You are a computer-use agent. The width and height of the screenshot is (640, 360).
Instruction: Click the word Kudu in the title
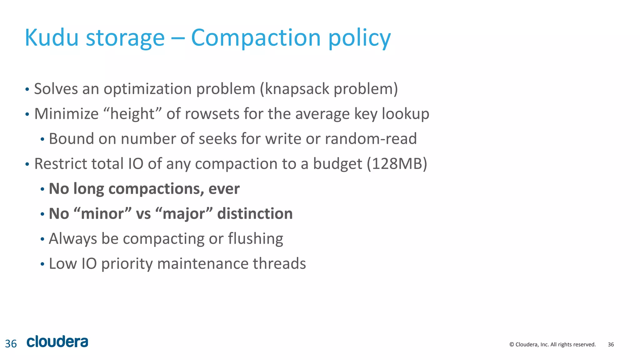pos(52,38)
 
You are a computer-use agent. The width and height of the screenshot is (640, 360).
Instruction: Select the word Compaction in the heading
pos(256,38)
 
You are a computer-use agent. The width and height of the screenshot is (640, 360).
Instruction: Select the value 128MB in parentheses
pos(397,164)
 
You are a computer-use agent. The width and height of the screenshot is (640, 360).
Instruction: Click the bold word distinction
pos(255,214)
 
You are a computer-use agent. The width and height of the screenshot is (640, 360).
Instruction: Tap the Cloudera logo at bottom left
pos(57,342)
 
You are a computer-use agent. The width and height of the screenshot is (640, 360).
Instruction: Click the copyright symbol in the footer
pos(512,344)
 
